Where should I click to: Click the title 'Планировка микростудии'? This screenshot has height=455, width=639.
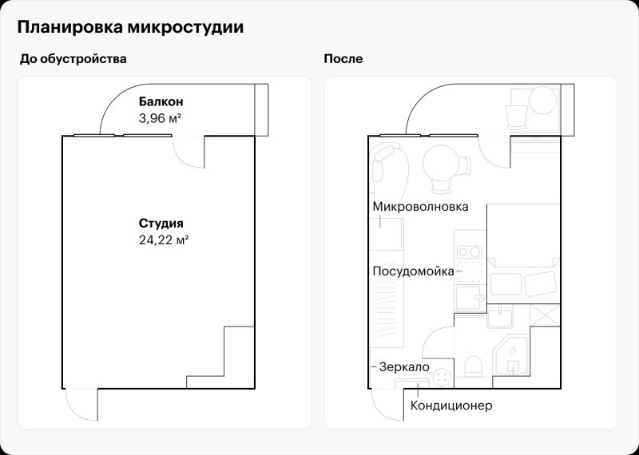[131, 27]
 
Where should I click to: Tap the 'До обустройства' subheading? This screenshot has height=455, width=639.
[73, 59]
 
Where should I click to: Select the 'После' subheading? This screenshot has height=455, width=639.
[343, 59]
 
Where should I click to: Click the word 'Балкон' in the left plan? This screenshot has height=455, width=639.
[161, 101]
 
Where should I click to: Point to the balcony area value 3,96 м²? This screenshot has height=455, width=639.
[160, 117]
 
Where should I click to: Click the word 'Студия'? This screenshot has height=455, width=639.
[161, 224]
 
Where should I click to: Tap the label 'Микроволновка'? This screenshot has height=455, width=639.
[420, 207]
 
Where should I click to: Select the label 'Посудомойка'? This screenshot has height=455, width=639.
[413, 271]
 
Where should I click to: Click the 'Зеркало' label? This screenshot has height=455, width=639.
[404, 366]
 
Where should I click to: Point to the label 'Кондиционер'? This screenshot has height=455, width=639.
[451, 406]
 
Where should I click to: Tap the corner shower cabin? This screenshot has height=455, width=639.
[512, 356]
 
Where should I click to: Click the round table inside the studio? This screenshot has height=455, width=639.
[440, 163]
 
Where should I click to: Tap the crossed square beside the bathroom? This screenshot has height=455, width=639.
[547, 313]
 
